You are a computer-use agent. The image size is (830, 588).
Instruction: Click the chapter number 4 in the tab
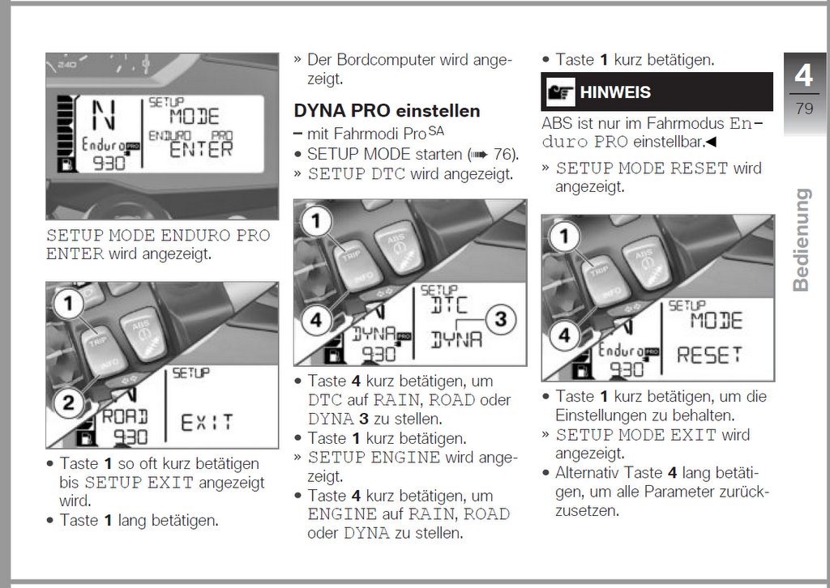[802, 75]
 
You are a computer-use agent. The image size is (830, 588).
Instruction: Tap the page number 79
[804, 108]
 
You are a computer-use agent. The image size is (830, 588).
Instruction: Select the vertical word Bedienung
[801, 240]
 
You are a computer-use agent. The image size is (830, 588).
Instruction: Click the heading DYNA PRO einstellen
[387, 111]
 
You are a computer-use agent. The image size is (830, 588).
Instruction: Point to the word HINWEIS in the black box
[615, 92]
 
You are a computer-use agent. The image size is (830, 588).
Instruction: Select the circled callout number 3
[500, 319]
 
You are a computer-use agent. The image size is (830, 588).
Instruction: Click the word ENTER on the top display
[202, 149]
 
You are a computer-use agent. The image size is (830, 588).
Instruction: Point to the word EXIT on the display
[207, 422]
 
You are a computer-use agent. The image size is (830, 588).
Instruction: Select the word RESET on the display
[709, 356]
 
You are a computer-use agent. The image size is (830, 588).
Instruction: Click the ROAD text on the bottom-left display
[125, 416]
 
